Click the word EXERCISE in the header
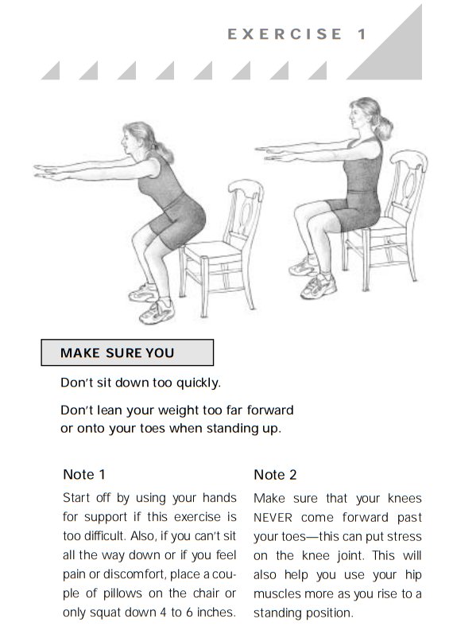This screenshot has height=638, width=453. click(285, 34)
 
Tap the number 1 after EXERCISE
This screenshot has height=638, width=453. click(362, 34)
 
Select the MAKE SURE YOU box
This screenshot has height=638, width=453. click(127, 352)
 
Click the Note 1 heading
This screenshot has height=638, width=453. click(84, 474)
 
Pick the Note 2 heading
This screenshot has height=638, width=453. click(275, 474)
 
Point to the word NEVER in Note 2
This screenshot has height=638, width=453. click(273, 518)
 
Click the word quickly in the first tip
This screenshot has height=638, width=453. click(199, 383)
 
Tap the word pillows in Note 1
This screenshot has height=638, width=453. click(122, 593)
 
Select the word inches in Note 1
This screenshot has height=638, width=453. click(216, 613)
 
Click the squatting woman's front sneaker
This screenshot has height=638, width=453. click(157, 313)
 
